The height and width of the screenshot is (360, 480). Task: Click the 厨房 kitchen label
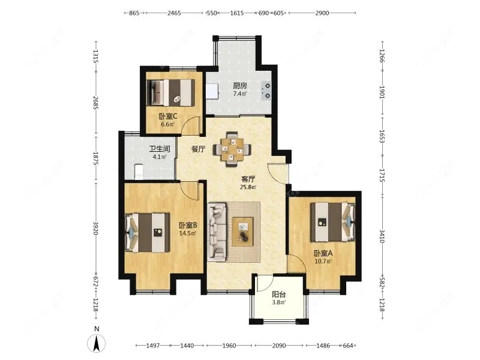point(240,85)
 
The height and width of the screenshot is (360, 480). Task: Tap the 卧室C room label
point(168,116)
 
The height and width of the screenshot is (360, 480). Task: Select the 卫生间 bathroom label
point(160,149)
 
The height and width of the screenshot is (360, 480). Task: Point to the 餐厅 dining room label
point(199,149)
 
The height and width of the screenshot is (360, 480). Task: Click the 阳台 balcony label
point(279,295)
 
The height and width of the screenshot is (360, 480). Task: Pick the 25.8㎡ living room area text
point(248,187)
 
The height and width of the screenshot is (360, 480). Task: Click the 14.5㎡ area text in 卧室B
point(188,233)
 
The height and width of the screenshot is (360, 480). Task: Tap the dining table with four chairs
point(232,149)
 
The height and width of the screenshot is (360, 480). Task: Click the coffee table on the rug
point(243,232)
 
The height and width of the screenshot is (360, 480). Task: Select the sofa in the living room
point(217,232)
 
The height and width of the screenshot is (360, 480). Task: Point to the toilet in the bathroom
point(139,172)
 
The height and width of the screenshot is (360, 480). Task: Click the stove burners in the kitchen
point(266,91)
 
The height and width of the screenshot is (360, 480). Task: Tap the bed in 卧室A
point(333,222)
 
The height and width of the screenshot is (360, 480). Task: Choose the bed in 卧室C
point(170,93)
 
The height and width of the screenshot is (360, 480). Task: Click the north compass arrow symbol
point(97,343)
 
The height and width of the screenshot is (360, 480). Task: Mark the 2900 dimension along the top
point(322,13)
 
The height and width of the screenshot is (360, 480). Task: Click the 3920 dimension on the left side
point(96,229)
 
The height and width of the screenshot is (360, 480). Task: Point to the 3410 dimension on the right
point(382,236)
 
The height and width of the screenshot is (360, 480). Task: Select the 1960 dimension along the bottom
point(229,346)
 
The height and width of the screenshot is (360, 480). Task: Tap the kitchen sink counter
point(212,91)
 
